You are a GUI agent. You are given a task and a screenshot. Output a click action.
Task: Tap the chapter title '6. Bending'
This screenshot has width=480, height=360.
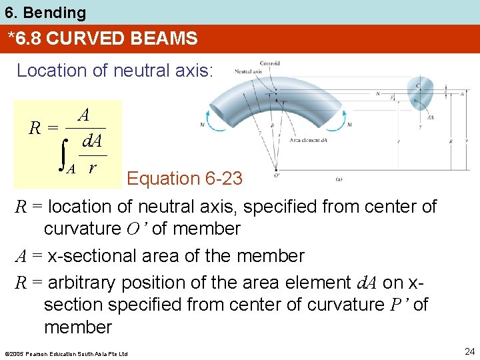43,12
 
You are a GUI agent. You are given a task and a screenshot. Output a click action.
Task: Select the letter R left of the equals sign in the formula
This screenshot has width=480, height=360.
36,126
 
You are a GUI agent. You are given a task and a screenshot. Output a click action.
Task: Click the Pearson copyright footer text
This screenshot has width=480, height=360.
65,353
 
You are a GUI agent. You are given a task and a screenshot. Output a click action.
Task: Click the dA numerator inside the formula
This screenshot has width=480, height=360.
91,141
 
